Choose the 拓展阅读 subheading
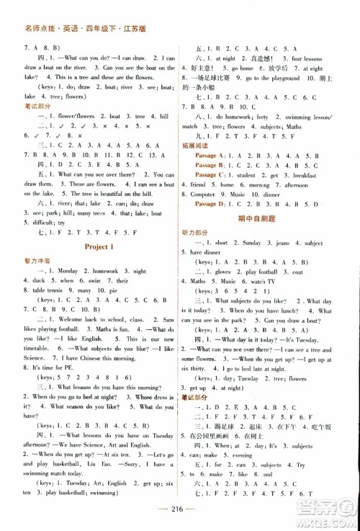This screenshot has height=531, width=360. tap(204, 145)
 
